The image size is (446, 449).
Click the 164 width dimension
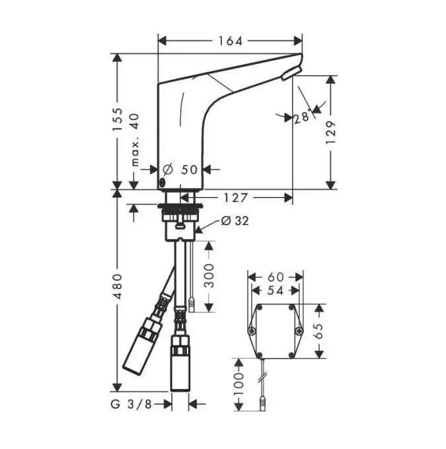pos(231,41)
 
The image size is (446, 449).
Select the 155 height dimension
pos(118,119)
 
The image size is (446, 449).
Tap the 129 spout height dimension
pos(331,132)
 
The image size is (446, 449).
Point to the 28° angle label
pos(303,116)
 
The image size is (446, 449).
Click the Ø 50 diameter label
pos(180,170)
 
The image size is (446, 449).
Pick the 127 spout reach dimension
pos(236,197)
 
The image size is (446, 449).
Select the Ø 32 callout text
pos(235,221)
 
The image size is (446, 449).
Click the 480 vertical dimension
pos(118,287)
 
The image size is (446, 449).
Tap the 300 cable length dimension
pos(209,276)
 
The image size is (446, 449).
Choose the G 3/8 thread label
pos(131,404)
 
